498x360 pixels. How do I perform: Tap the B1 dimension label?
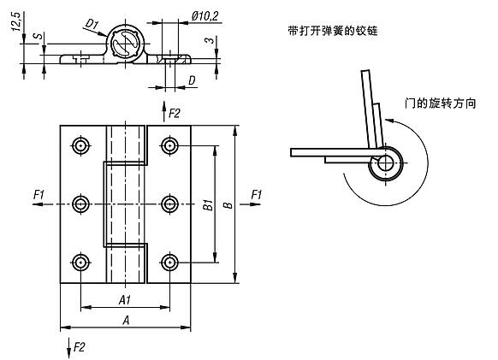pos(206,205)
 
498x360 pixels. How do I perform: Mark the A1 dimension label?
pos(125,299)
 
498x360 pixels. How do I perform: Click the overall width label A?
pos(126,319)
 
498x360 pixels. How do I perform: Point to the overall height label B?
pos(227,205)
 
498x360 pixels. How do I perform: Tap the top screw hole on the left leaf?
pos(81,146)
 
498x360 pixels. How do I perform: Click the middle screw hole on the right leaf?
pos(169,204)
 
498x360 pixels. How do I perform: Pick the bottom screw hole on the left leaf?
pos(81,261)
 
